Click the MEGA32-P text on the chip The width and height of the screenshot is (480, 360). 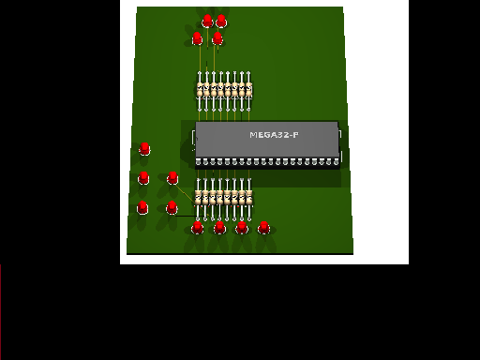[274, 135]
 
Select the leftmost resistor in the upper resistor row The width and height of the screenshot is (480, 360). [200, 91]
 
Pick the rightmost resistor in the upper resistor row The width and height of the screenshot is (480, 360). [248, 91]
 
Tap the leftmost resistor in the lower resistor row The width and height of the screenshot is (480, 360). [198, 199]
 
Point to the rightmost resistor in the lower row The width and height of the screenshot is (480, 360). [249, 199]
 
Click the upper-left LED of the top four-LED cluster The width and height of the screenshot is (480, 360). [207, 22]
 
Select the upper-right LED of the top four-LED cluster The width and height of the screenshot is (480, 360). [221, 21]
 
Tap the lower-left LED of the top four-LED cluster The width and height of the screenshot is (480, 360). [197, 38]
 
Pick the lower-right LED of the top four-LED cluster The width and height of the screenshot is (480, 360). [217, 38]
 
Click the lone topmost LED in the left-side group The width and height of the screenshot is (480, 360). [144, 149]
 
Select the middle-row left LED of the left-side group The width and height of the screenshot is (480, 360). [143, 178]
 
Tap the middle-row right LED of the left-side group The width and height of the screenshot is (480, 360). [172, 177]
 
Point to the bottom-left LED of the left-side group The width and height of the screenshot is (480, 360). [142, 207]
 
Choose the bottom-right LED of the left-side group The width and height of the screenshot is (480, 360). [172, 207]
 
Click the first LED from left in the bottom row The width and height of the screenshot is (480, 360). [197, 228]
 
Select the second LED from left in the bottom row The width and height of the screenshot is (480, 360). [219, 228]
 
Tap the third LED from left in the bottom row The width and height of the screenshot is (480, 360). [242, 228]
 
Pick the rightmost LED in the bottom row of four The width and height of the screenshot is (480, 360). [264, 228]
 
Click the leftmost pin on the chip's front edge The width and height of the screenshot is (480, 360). [198, 162]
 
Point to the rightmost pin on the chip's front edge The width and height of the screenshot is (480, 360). [337, 162]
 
